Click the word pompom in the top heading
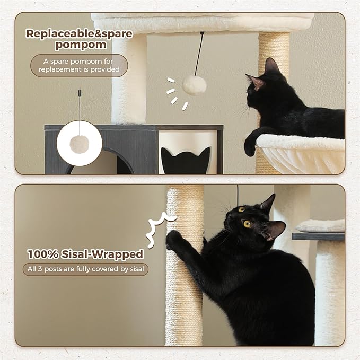pos(80,45)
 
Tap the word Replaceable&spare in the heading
pos(80,33)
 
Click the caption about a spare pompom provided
pos(79,65)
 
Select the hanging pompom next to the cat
pos(194,84)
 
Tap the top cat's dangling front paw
pos(250,146)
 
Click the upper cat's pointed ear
pos(271,66)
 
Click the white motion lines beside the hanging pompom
pos(175,93)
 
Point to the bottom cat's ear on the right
pos(276,229)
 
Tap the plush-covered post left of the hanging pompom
pos(129,80)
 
